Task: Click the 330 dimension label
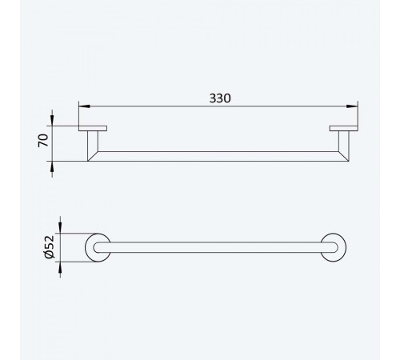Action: (220, 98)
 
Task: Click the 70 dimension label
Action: (43, 140)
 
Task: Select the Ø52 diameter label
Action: (50, 247)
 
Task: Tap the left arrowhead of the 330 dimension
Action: (84, 106)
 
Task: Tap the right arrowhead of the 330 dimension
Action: (352, 106)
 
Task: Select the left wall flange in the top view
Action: (93, 128)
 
